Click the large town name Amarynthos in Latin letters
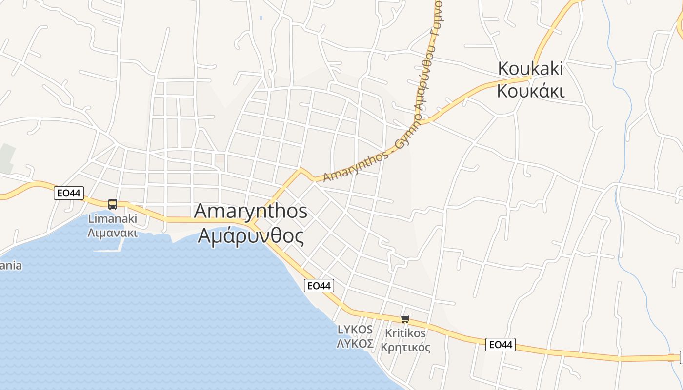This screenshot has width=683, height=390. pos(251,211)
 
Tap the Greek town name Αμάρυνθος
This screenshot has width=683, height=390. pos(251,236)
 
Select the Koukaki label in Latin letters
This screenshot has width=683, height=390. pos(530,69)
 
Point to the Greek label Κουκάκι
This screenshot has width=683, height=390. pos(530,91)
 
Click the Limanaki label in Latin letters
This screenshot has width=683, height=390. pos(112,219)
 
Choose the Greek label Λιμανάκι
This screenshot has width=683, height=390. pos(112,233)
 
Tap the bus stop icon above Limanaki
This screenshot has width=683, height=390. pos(113,204)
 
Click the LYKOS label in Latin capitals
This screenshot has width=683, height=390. pos(355,330)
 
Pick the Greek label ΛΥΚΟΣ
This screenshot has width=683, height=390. pos(355,343)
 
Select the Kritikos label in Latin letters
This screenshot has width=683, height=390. pos(405,333)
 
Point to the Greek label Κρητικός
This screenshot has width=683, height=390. pos(405,347)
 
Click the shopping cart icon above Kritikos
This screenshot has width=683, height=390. pos(405,319)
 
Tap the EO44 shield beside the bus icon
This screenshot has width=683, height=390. pos(69,193)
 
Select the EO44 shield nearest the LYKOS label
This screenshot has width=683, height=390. pos(319,286)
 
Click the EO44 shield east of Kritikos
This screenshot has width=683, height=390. pos(501,345)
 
